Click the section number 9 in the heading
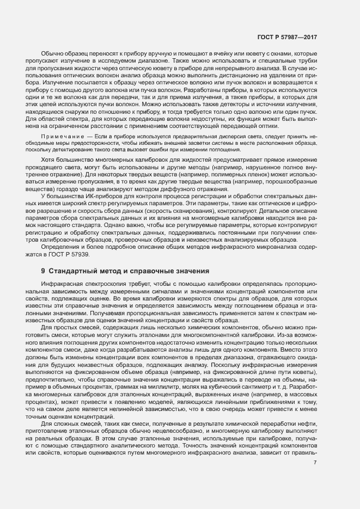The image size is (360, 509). pyautogui.click(x=43, y=271)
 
